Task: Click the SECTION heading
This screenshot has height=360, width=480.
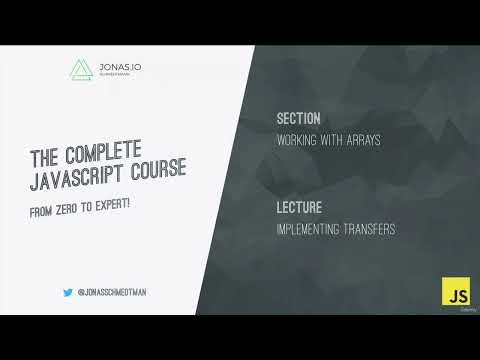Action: tap(298, 119)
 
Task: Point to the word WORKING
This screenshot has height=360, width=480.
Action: tap(300, 140)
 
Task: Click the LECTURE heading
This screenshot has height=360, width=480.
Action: tap(299, 209)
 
